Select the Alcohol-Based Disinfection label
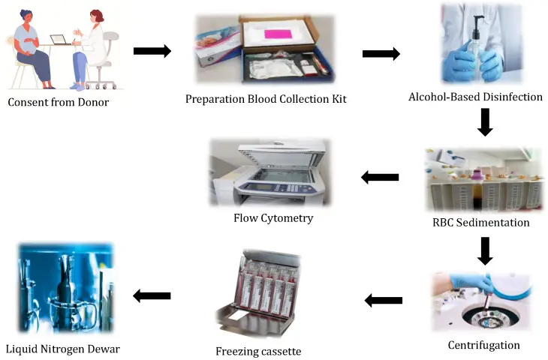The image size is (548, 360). coord(475,97)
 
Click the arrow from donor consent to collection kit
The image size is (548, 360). coord(152,51)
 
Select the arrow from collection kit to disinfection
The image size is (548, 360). coord(381,54)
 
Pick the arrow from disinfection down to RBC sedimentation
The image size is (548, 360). coord(485,122)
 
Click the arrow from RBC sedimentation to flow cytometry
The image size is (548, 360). coord(380,178)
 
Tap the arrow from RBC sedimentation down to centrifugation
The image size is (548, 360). coord(485,251)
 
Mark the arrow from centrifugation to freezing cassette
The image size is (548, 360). coord(383,301)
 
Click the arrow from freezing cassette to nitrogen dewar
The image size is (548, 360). coord(152,296)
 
